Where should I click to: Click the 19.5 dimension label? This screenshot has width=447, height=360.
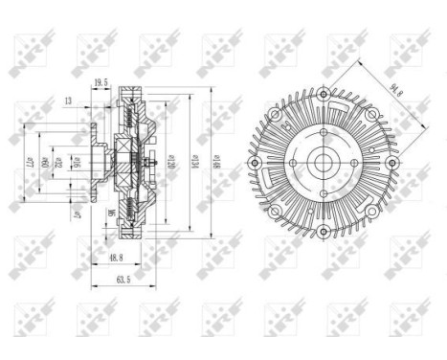pos(101,84)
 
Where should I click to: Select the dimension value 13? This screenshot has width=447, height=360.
pos(68,100)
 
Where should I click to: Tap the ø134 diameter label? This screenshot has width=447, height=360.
pos(195,164)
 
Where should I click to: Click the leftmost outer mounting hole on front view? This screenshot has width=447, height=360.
pos(254,164)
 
